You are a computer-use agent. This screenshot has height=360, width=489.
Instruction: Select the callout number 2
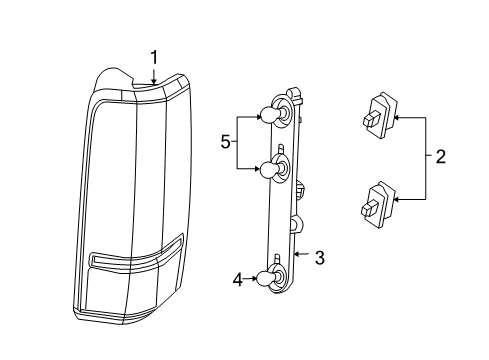[x=440, y=157]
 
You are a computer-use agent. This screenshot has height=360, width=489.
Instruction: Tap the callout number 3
[x=319, y=258]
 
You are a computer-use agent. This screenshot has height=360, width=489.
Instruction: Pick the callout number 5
[x=225, y=143]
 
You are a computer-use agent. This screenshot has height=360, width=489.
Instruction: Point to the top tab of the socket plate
[x=297, y=91]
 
